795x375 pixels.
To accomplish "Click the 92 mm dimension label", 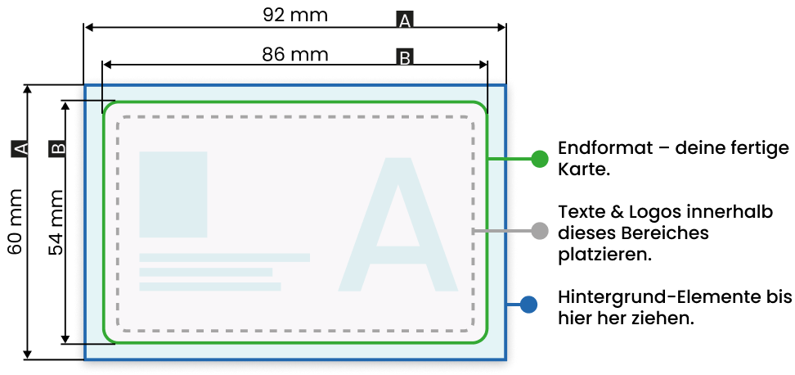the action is [x=295, y=15].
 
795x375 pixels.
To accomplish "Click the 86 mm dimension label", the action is [x=295, y=54].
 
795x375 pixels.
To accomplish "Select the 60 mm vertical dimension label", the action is [x=16, y=221].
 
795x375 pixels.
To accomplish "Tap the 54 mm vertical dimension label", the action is [x=56, y=222].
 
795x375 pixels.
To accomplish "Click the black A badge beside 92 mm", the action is [x=405, y=20].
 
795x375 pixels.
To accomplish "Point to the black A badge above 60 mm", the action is [x=18, y=148].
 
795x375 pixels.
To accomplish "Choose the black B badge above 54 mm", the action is [x=57, y=148].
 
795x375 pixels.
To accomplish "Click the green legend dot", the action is [x=540, y=159].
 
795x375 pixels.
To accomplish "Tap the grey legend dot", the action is [x=540, y=231].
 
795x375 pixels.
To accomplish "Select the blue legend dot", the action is [x=528, y=305].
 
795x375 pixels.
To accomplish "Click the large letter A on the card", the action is [x=398, y=224].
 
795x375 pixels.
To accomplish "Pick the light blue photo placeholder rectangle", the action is [x=173, y=194].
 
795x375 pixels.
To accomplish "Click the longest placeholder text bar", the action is [x=225, y=257].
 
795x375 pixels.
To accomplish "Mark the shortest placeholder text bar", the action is [x=206, y=272].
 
